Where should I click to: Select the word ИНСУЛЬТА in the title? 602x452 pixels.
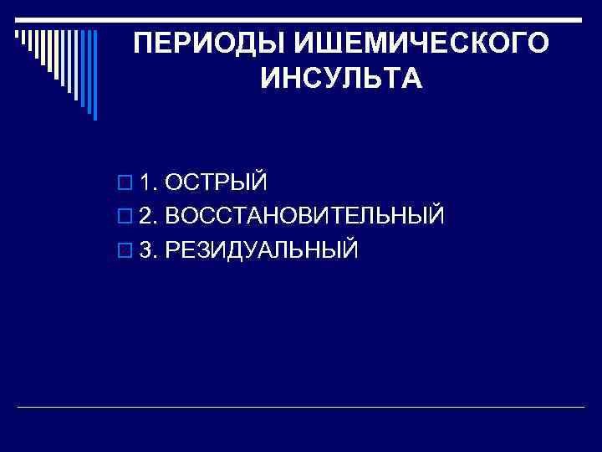[341, 80]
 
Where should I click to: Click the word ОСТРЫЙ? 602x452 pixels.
[216, 182]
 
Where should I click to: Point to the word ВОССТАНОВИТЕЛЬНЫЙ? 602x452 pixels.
[304, 216]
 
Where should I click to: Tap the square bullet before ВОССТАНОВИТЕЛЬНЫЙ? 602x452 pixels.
[125, 217]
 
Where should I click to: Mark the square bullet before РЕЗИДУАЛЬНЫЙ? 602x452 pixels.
[125, 250]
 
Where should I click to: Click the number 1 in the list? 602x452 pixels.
[146, 182]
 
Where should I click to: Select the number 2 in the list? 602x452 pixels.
[146, 216]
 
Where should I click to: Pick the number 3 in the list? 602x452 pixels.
[146, 249]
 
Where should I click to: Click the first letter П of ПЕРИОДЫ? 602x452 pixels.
[144, 44]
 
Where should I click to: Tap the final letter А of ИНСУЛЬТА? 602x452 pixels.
[413, 80]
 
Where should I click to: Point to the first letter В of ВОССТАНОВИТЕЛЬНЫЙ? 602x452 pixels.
[172, 216]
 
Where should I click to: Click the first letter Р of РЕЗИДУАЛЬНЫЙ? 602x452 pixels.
[172, 249]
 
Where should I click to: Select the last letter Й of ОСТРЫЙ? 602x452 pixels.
[258, 182]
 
